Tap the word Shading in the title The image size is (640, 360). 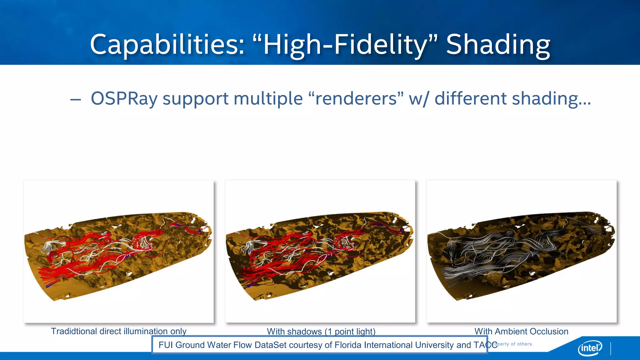[498, 45]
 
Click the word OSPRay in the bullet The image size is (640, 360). [124, 99]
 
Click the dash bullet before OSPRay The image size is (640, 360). [76, 100]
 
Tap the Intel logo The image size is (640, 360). [590, 347]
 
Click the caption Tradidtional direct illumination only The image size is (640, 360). [118, 331]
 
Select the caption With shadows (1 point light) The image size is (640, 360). [321, 331]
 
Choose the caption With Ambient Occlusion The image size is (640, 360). [521, 331]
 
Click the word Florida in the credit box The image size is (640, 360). [348, 345]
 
